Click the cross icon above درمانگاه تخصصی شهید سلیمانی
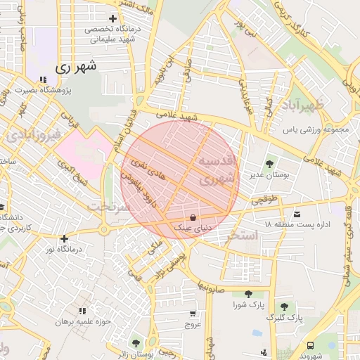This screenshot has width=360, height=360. point(112,18)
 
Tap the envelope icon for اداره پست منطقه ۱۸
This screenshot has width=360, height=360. point(297,214)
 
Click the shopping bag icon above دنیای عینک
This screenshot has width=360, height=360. point(193,217)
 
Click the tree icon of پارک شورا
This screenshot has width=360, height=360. point(247,295)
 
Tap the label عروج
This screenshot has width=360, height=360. point(193,325)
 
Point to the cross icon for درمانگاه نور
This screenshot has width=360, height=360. point(64,238)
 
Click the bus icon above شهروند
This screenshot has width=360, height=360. point(310,345)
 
